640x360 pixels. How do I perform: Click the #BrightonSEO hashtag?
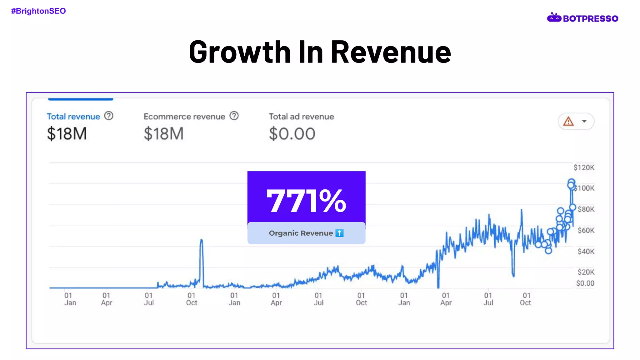pyautogui.click(x=38, y=11)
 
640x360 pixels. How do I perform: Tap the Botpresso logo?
pyautogui.click(x=582, y=18)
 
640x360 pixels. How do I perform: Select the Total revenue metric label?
pyautogui.click(x=73, y=117)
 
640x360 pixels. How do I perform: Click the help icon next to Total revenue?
pyautogui.click(x=109, y=116)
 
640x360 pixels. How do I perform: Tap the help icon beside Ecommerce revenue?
pyautogui.click(x=234, y=116)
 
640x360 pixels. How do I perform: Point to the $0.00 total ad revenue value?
pyautogui.click(x=292, y=134)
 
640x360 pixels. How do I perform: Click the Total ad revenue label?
pyautogui.click(x=301, y=117)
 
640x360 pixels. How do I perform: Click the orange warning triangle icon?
pyautogui.click(x=568, y=121)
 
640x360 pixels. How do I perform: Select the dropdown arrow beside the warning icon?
pyautogui.click(x=584, y=121)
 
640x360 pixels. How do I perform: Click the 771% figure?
pyautogui.click(x=306, y=201)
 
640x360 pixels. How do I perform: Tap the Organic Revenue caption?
pyautogui.click(x=301, y=233)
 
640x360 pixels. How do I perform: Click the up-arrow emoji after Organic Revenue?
pyautogui.click(x=339, y=233)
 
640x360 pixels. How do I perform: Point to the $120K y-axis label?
pyautogui.click(x=584, y=168)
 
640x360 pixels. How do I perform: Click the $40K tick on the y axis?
pyautogui.click(x=586, y=252)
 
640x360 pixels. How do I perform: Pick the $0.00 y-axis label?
pyautogui.click(x=585, y=283)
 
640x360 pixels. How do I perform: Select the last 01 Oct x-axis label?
pyautogui.click(x=526, y=299)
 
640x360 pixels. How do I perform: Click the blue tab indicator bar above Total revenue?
pyautogui.click(x=81, y=99)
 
